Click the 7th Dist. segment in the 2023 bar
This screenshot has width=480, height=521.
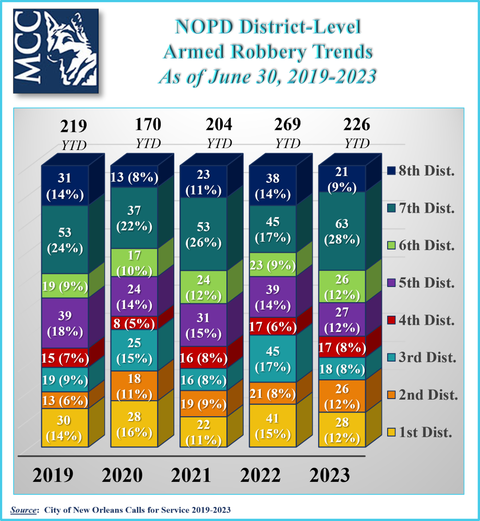click(x=342, y=231)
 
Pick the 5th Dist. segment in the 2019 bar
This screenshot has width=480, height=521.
click(x=65, y=323)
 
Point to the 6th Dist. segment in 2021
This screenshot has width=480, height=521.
click(x=203, y=287)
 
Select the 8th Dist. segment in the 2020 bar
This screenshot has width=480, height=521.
click(x=134, y=178)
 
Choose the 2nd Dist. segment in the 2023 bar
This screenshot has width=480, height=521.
click(x=342, y=396)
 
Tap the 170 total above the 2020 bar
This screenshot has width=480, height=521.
click(x=148, y=125)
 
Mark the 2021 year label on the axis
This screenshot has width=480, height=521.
click(x=191, y=475)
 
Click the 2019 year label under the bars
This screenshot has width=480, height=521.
click(x=53, y=475)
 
